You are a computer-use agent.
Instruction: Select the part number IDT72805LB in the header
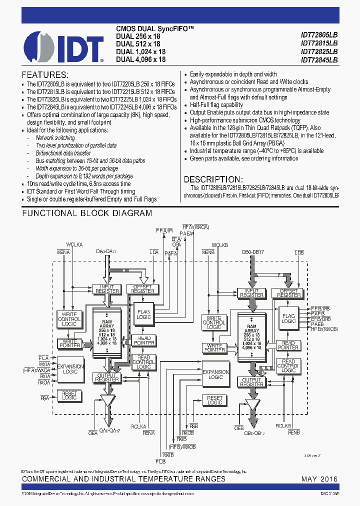[x=319, y=35]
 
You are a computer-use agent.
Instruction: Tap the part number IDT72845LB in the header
[x=319, y=59]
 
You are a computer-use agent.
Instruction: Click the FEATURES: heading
[x=44, y=73]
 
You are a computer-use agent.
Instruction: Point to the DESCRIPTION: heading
[x=213, y=179]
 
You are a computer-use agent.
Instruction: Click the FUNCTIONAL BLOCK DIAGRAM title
[x=87, y=213]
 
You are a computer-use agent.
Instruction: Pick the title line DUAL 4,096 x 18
[x=140, y=59]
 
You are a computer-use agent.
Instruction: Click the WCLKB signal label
[x=219, y=245]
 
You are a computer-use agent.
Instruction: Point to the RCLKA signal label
[x=138, y=426]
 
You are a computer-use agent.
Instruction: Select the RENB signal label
[x=294, y=430]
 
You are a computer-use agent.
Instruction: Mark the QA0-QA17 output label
[x=110, y=431]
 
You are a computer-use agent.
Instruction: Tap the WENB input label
[x=208, y=252]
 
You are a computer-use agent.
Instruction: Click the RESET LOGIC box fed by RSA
[x=69, y=396]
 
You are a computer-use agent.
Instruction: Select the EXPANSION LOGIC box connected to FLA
[x=70, y=369]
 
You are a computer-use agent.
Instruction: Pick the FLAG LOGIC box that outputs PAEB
[x=288, y=318]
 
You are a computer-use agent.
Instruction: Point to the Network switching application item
[x=55, y=137]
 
